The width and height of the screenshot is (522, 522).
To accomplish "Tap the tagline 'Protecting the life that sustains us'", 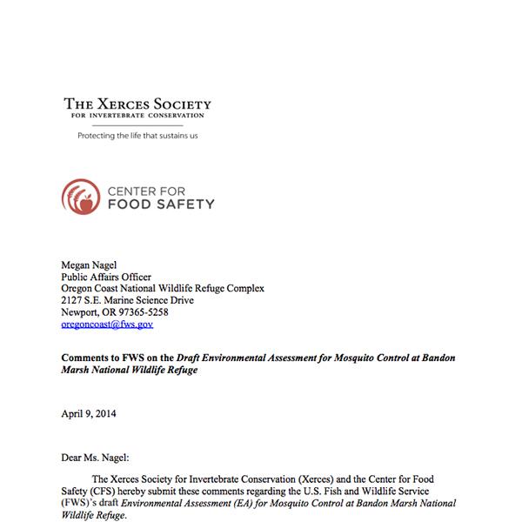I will point(138,136).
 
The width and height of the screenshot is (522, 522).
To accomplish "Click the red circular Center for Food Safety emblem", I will point(80,194).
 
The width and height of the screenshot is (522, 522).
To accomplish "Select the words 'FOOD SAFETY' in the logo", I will point(160,204).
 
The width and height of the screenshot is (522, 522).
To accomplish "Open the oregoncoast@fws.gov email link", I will point(107,325).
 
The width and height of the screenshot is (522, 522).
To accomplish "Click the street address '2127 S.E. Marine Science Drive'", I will point(128,301).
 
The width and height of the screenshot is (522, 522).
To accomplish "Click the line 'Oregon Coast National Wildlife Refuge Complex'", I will point(163,289).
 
